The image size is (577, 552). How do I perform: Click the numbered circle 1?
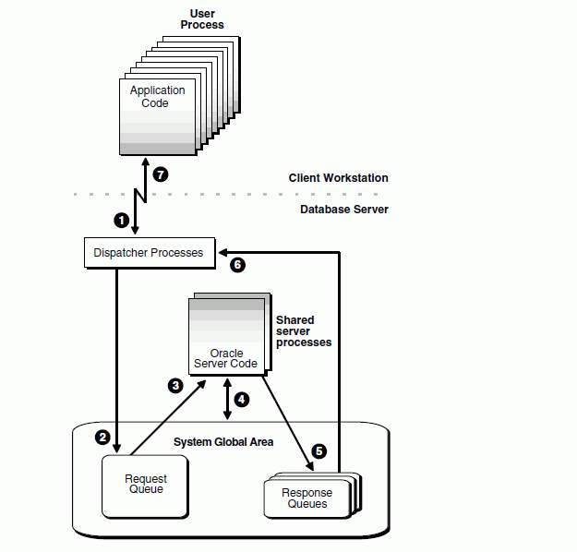click(119, 220)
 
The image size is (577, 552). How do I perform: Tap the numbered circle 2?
click(103, 437)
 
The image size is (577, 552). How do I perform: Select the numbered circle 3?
click(175, 386)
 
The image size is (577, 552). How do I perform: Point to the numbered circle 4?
click(242, 400)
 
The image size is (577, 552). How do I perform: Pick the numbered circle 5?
click(319, 451)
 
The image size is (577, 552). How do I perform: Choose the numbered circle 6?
click(237, 265)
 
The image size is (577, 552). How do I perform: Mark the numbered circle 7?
click(161, 174)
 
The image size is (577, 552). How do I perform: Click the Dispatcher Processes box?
click(149, 252)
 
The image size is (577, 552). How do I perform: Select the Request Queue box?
click(146, 484)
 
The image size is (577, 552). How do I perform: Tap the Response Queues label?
click(307, 498)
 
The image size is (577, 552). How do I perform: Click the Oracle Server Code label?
click(225, 358)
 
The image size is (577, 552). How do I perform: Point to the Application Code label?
click(157, 97)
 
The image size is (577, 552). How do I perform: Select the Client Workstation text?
click(338, 178)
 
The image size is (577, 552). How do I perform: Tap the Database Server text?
click(344, 210)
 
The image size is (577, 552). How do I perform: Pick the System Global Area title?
click(223, 442)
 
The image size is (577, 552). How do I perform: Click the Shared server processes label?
click(304, 330)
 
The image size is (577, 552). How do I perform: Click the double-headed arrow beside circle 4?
click(227, 401)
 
